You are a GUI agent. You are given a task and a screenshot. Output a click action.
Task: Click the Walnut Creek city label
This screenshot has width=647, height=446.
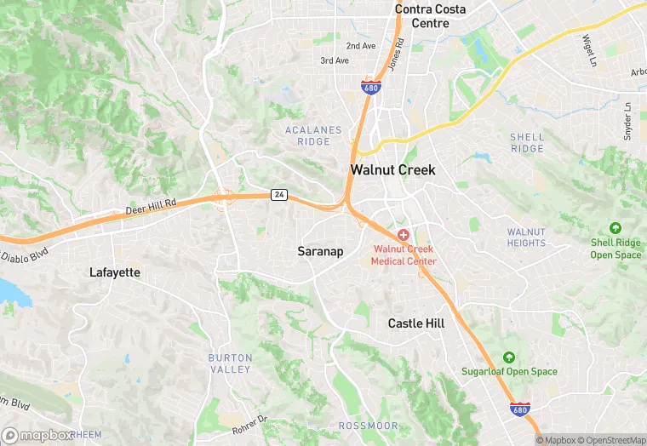click(x=392, y=170)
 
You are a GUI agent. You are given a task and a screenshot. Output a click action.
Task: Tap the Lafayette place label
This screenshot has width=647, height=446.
click(x=115, y=272)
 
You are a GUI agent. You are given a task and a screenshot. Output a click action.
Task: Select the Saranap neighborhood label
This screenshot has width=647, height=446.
click(x=320, y=251)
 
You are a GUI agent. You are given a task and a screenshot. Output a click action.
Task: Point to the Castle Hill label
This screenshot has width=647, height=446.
click(x=416, y=323)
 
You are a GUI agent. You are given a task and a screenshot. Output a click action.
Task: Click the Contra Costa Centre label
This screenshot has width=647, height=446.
click(x=430, y=16)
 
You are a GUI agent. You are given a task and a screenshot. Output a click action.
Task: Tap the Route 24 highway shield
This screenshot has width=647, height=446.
click(x=278, y=195)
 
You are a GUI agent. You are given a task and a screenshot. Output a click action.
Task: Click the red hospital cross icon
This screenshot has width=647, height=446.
click(x=403, y=234)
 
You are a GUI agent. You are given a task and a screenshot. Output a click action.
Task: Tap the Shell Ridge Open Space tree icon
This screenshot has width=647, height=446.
click(x=615, y=228)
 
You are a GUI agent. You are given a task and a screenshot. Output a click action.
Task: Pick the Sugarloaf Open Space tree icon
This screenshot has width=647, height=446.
click(x=509, y=357)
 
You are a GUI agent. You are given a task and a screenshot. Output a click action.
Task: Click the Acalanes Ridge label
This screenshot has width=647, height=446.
click(x=313, y=136)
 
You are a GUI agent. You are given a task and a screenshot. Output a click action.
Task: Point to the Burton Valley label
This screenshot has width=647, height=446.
click(x=230, y=363)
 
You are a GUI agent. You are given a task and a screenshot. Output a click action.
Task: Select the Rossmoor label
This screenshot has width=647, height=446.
click(x=363, y=426)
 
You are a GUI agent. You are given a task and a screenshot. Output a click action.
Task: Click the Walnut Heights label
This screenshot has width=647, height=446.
click(x=526, y=237)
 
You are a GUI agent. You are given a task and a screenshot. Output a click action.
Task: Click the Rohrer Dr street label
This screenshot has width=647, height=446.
click(x=250, y=424)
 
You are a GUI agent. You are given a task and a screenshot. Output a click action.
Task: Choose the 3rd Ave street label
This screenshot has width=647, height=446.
click(x=335, y=61)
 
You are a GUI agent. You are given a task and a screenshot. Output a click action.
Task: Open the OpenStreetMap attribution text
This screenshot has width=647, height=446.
click(x=611, y=440)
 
